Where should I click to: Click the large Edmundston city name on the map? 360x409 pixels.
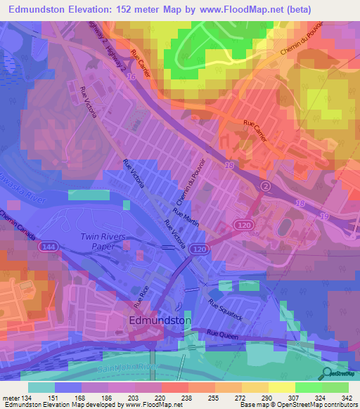coord(161,320)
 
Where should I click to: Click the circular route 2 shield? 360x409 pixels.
coord(266,186)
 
